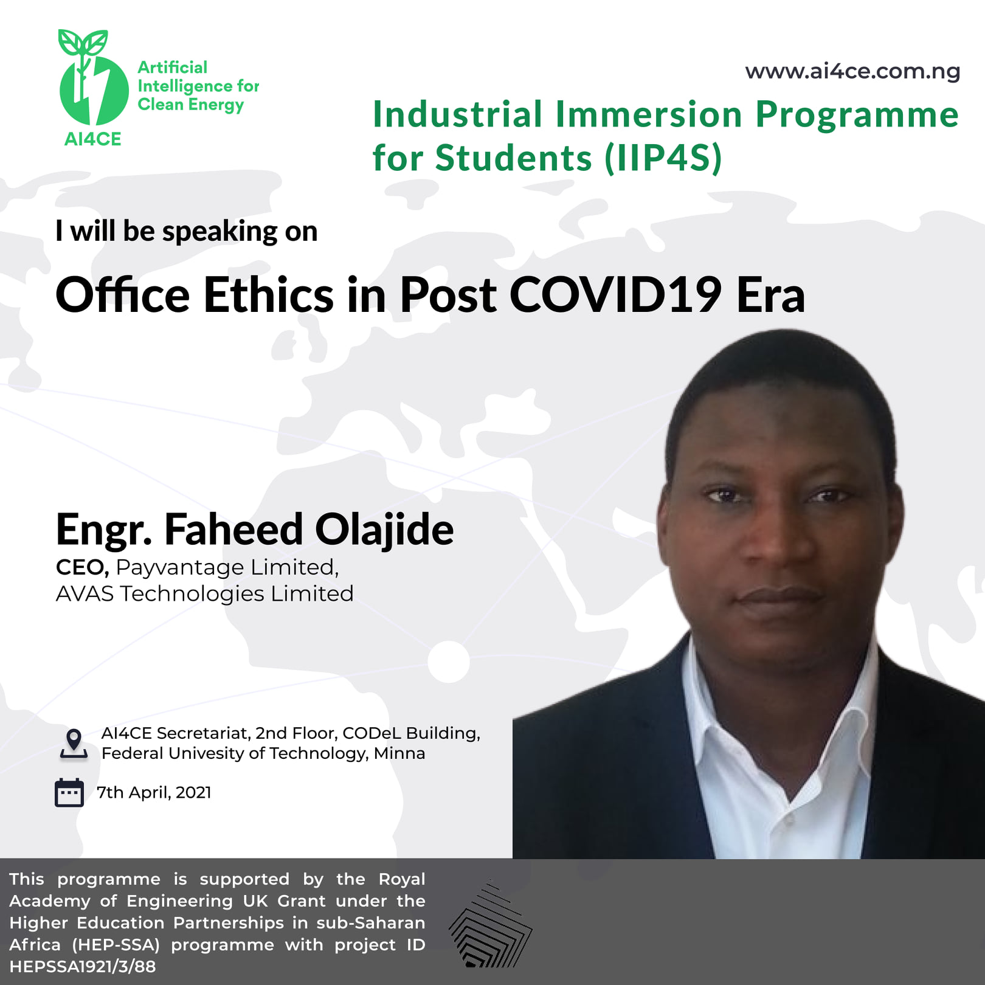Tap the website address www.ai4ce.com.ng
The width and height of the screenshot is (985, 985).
852,72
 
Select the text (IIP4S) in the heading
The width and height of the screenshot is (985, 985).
663,158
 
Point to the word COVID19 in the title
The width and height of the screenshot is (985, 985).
616,295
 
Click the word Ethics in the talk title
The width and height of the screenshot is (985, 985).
268,295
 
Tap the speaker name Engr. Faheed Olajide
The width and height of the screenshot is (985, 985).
255,529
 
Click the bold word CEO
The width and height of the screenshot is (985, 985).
82,567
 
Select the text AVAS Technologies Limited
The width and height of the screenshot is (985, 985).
204,593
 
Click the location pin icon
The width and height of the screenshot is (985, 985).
74,744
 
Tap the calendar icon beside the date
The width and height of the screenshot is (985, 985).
69,792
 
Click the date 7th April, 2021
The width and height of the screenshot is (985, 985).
154,793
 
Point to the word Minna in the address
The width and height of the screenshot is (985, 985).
399,753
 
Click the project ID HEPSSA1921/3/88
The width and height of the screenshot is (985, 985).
83,966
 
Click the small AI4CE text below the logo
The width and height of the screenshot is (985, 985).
93,139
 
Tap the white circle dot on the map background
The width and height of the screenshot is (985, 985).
449,662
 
